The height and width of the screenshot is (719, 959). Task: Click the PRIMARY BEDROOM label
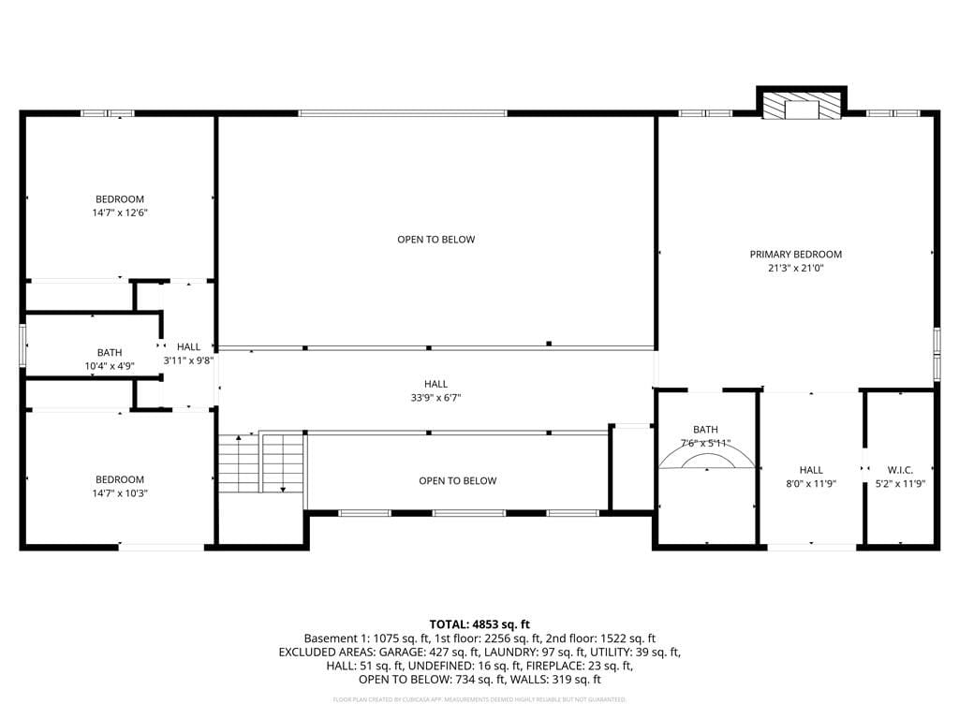[795, 254]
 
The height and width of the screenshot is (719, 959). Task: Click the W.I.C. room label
[899, 470]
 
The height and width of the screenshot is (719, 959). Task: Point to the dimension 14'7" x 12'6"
[120, 213]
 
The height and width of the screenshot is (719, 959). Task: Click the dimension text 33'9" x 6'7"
[435, 397]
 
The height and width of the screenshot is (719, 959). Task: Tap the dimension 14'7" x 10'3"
[120, 493]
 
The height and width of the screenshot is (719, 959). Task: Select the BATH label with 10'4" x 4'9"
[109, 352]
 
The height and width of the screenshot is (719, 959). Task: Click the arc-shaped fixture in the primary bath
[706, 459]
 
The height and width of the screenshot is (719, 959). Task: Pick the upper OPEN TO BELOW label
[435, 240]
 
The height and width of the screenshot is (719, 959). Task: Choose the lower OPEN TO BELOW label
[457, 481]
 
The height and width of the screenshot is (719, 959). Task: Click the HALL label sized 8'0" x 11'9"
[811, 470]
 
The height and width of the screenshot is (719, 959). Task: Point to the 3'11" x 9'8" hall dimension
[188, 360]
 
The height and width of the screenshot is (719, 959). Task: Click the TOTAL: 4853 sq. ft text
[479, 624]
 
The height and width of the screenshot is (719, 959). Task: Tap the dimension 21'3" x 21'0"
[795, 268]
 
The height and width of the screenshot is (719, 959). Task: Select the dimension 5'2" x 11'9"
[899, 484]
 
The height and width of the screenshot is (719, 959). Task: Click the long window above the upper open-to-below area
[403, 113]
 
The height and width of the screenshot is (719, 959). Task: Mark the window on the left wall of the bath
[23, 344]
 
